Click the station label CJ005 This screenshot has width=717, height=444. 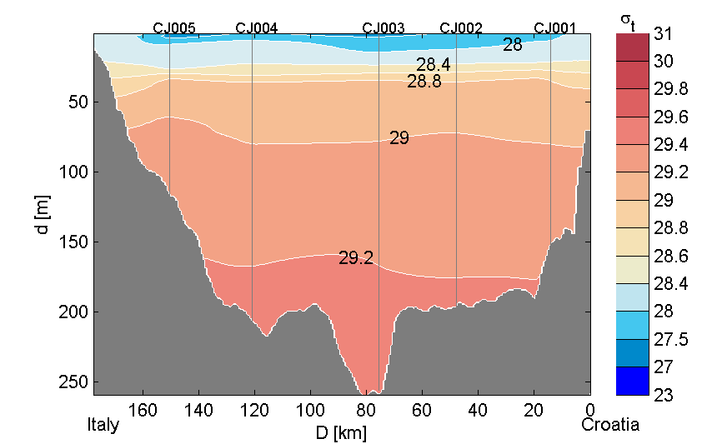click(x=174, y=27)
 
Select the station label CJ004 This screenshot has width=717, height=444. click(x=257, y=27)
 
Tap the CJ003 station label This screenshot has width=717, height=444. click(x=384, y=27)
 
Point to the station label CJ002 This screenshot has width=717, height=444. click(x=461, y=27)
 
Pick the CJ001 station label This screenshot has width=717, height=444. click(x=554, y=27)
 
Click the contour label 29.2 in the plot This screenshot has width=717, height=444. click(x=355, y=258)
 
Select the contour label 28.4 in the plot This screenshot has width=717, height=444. click(x=434, y=65)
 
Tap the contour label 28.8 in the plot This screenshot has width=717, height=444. click(x=424, y=82)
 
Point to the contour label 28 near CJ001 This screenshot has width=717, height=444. click(x=513, y=45)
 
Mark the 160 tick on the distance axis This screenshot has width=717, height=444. click(x=143, y=409)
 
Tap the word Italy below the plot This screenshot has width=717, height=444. click(x=103, y=425)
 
